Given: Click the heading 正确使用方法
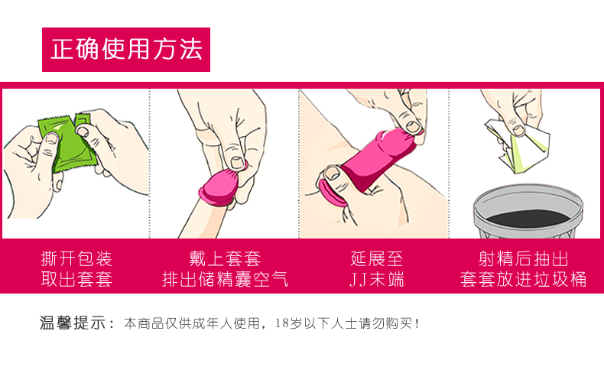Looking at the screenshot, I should click(126, 50).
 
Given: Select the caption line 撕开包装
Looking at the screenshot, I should click(76, 258).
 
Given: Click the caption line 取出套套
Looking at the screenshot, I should click(76, 279).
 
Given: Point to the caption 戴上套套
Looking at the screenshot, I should click(225, 258).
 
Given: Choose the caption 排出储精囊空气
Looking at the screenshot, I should click(225, 279).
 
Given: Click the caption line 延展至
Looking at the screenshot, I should click(375, 258).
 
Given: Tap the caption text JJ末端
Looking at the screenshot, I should click(375, 279).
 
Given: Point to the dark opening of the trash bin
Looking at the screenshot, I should click(527, 207).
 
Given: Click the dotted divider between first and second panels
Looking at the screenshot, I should click(149, 164).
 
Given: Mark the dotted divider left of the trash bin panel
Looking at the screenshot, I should click(449, 164).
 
